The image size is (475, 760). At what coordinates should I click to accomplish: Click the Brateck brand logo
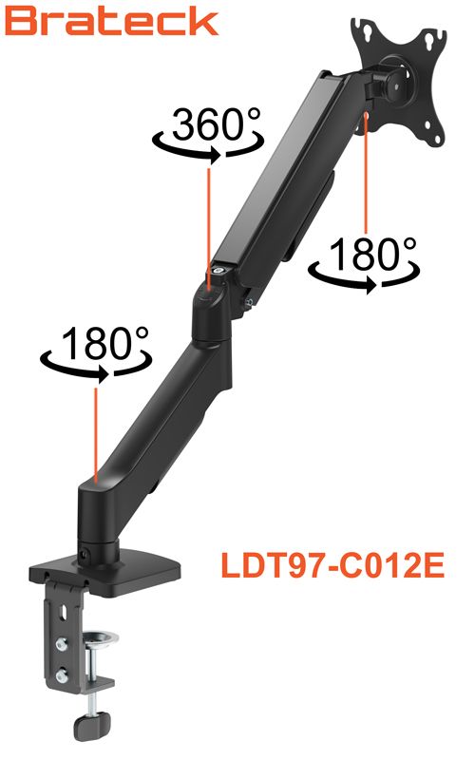(x=111, y=22)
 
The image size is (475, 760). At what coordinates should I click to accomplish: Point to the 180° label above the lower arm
(x=104, y=342)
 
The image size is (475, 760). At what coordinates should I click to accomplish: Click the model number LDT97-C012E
(x=332, y=564)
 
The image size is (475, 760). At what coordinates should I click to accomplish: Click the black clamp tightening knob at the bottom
(x=92, y=726)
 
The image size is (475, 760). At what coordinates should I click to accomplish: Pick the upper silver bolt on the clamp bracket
(x=62, y=644)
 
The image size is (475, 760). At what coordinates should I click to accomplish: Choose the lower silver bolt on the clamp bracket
(x=62, y=675)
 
